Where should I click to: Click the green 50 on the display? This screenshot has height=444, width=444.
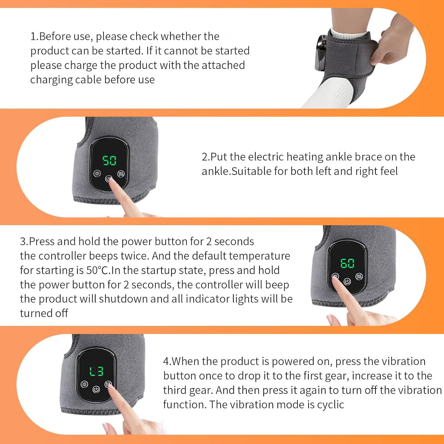pyautogui.click(x=109, y=161)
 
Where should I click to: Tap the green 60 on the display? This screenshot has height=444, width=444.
pyautogui.click(x=347, y=263)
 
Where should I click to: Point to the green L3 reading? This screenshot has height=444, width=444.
pyautogui.click(x=96, y=371)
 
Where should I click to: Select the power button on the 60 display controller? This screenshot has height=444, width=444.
pyautogui.click(x=347, y=281)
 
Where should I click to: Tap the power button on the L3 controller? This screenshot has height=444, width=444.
pyautogui.click(x=96, y=390)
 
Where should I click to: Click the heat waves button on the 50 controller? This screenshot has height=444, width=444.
pyautogui.click(x=121, y=174)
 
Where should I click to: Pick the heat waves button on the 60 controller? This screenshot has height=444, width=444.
pyautogui.click(x=359, y=276)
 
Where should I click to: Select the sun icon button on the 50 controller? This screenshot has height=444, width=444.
pyautogui.click(x=97, y=174)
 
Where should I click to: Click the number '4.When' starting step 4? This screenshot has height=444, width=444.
pyautogui.click(x=182, y=361)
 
